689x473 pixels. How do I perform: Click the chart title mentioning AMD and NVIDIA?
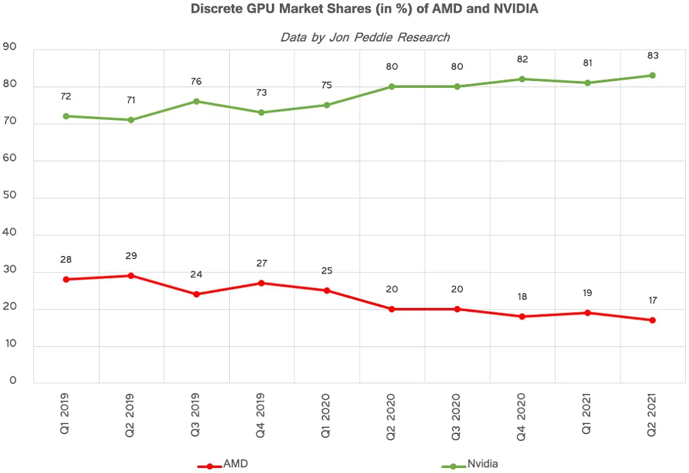tap(365, 9)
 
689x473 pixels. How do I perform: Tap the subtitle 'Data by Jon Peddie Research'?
tap(365, 38)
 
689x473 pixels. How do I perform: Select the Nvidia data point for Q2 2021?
tap(653, 76)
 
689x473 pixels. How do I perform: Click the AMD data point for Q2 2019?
tap(131, 276)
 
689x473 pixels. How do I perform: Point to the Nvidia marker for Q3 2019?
tap(197, 102)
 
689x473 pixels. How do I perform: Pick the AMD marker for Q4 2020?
tap(522, 316)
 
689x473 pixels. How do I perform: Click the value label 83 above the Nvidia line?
tap(653, 55)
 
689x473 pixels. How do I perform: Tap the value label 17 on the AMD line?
tap(653, 300)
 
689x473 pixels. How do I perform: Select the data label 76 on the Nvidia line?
tap(197, 82)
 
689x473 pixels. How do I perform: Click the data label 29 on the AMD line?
tap(131, 256)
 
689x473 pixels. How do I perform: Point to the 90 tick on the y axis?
tap(9, 46)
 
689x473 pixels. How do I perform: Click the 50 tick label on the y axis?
tap(9, 195)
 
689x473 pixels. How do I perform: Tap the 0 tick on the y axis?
tap(13, 380)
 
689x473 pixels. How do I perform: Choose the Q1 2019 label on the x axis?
tap(65, 414)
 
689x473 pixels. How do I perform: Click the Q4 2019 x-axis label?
tap(261, 415)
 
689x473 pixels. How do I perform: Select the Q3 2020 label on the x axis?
tap(456, 417)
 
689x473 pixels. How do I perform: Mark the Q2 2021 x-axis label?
tap(651, 415)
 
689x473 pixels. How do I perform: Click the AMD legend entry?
tap(223, 464)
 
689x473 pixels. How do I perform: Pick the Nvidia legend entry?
tap(470, 464)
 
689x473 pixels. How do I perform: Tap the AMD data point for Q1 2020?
tap(327, 290)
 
